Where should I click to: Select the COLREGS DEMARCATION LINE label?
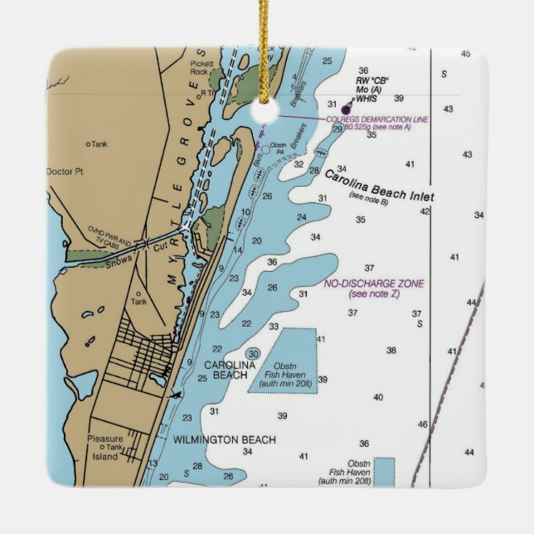pos(377,119)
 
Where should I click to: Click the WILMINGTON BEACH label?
pos(224,439)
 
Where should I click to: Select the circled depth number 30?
pos(254,354)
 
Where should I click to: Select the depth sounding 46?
pos(422,425)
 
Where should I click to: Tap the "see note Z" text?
pos(373,294)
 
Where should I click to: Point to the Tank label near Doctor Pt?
pos(99,144)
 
